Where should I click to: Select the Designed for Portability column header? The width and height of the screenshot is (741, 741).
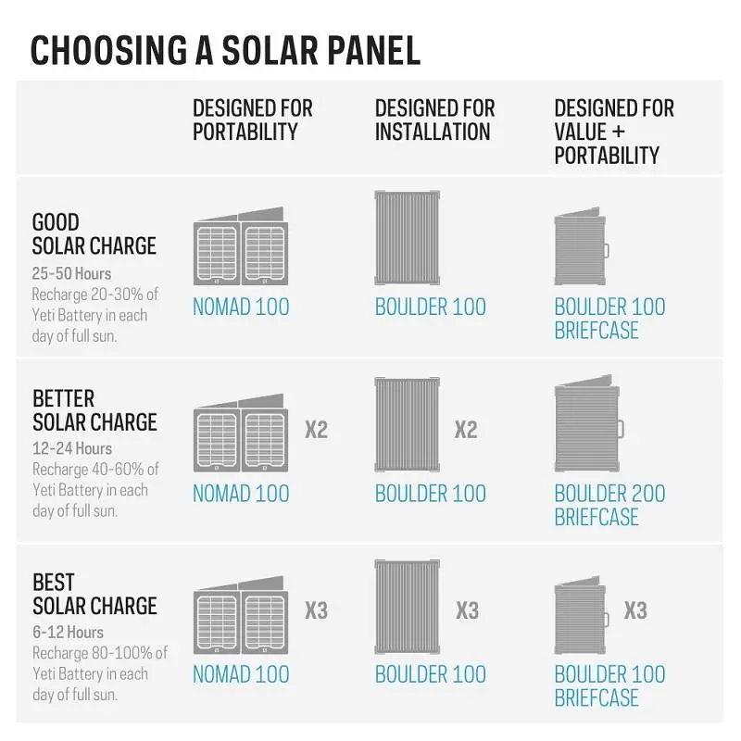[x=252, y=120]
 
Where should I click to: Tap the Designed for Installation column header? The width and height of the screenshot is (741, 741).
[x=434, y=120]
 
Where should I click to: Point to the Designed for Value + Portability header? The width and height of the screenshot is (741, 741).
[x=614, y=132]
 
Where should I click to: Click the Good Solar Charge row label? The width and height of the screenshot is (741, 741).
[x=94, y=234]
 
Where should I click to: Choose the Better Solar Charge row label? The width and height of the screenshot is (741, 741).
[x=94, y=410]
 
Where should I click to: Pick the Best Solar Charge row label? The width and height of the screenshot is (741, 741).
[x=94, y=594]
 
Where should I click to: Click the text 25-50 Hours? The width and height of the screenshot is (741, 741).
[x=71, y=274]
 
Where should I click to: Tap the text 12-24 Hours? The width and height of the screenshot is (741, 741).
[x=71, y=449]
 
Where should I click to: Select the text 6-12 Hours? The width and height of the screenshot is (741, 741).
[x=68, y=633]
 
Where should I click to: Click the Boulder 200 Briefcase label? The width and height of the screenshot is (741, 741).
[x=609, y=505]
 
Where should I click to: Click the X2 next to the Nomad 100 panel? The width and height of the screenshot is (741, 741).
[x=317, y=430]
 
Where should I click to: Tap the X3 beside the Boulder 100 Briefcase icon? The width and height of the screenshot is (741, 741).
[x=634, y=610]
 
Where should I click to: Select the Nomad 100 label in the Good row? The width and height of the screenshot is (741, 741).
[x=241, y=307]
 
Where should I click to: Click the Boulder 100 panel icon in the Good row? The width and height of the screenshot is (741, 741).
[x=408, y=238]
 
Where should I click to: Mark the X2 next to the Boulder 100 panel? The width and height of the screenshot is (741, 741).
[x=466, y=430]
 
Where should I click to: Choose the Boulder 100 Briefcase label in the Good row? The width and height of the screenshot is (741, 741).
[x=609, y=318]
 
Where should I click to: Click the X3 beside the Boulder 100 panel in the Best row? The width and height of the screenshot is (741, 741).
[x=468, y=610]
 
